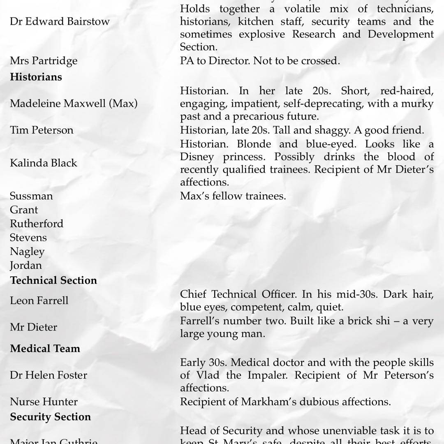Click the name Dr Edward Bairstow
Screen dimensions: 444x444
[60, 21]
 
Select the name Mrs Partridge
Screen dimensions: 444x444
[44, 61]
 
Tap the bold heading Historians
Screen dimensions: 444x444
[36, 77]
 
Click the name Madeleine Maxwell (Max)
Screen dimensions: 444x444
[74, 103]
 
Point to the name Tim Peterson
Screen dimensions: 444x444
[42, 130]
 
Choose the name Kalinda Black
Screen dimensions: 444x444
[44, 163]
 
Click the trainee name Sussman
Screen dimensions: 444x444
[31, 196]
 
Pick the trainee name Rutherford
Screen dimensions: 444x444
[37, 224]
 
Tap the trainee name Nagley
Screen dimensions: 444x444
[27, 251]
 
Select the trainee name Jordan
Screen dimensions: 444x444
[26, 265]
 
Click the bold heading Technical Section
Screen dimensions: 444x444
[53, 280]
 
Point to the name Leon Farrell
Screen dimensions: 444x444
[39, 301]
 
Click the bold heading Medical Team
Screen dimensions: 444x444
[45, 349]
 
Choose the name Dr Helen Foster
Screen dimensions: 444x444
[49, 375]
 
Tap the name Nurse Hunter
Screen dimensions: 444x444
[44, 402]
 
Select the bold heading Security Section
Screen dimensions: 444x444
[50, 417]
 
